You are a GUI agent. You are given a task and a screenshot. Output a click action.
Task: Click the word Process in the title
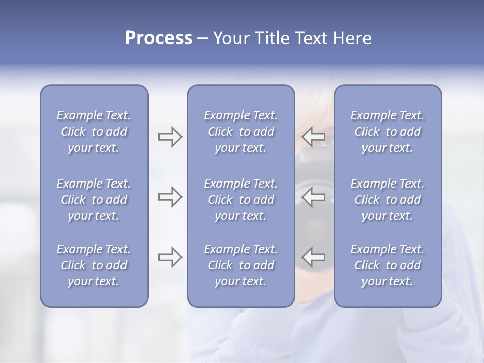158,38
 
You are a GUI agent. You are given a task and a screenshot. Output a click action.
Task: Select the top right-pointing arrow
170,137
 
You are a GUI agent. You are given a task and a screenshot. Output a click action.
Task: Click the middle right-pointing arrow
170,197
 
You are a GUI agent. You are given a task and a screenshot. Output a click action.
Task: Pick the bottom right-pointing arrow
170,257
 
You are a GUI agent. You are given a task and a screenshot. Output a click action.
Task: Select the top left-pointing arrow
314,137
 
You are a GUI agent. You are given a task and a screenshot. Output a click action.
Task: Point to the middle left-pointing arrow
314,197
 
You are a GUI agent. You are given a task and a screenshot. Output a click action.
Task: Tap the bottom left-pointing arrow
314,257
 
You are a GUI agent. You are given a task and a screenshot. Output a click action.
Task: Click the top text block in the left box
94,132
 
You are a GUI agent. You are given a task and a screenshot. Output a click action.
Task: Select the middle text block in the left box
94,200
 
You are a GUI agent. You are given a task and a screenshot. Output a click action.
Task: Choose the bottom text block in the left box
94,265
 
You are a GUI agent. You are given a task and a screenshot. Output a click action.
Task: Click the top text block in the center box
240,132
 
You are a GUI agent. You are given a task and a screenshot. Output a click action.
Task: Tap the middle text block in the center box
240,200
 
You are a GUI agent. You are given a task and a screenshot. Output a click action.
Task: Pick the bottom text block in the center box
240,265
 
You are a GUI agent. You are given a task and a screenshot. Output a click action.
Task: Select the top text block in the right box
387,132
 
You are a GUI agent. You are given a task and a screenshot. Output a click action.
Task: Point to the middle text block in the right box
387,200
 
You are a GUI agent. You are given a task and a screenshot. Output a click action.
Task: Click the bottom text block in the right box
387,265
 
